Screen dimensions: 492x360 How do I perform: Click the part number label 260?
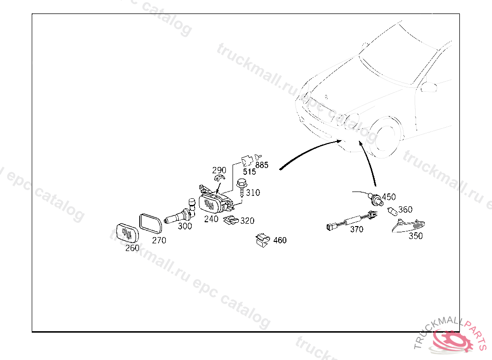132,248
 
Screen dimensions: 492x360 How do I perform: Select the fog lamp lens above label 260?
127,233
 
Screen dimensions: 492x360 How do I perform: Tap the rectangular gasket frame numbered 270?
150,224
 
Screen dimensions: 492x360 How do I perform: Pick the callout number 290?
219,170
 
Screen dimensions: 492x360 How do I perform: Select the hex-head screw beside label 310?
241,188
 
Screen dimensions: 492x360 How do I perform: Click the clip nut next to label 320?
231,220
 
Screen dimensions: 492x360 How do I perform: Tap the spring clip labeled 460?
263,240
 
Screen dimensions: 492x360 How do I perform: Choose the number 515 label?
249,172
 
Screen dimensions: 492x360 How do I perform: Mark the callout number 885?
262,165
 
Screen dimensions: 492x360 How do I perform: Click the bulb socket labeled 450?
375,199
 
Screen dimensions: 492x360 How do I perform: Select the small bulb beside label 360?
392,211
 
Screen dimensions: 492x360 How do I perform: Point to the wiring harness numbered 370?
352,221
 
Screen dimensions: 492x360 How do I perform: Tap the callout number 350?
416,236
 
